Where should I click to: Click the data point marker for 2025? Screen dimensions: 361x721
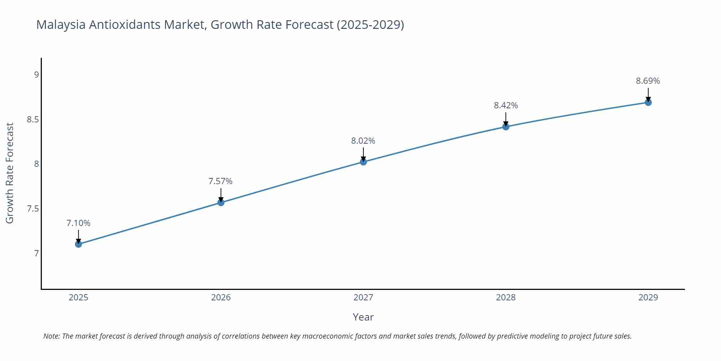(x=78, y=244)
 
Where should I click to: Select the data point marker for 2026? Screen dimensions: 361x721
(x=221, y=203)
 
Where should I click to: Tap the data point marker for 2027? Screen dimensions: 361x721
(x=363, y=162)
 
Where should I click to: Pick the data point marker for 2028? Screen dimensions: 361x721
(x=506, y=127)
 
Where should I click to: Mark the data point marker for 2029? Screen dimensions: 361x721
(x=648, y=103)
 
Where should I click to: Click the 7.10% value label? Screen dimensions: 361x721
(x=78, y=223)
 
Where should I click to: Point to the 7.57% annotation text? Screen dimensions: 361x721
(x=221, y=181)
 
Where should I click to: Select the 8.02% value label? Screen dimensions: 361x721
(x=363, y=141)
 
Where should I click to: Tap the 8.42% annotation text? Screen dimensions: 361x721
(x=506, y=105)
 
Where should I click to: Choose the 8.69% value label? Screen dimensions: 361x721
(x=648, y=81)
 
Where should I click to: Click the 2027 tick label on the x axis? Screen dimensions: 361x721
(x=363, y=297)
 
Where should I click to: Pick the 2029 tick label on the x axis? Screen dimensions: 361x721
(x=648, y=297)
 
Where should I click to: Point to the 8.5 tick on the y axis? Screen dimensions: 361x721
(x=33, y=119)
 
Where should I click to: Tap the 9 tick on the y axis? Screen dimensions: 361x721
(x=36, y=75)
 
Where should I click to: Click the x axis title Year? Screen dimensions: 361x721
(x=363, y=317)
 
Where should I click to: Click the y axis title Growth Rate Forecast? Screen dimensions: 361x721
(x=10, y=173)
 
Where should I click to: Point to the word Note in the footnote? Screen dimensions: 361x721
(x=51, y=336)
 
